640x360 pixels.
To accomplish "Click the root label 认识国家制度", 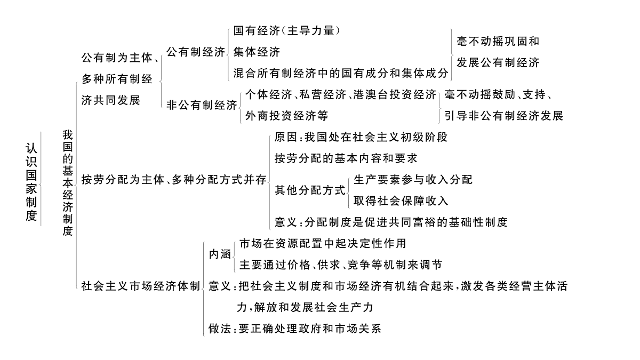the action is click(x=31, y=182).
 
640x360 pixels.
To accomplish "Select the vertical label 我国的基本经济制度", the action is click(x=68, y=183).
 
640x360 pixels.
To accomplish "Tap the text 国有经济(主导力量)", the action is click(x=286, y=31).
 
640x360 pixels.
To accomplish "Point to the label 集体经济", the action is click(x=257, y=52).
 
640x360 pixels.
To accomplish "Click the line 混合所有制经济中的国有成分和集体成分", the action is click(x=341, y=73).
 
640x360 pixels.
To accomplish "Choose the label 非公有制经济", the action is click(x=202, y=105).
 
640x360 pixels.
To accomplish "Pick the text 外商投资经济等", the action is click(x=286, y=116).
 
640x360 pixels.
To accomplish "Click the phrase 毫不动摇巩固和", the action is click(x=498, y=42).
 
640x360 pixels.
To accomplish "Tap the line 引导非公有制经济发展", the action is click(x=503, y=116).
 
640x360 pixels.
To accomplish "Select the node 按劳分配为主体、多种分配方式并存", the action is click(x=174, y=180).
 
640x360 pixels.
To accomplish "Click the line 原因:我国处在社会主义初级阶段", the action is click(x=361, y=137).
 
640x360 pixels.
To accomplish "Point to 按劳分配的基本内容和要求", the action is click(x=346, y=158).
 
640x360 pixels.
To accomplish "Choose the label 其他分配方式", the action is click(x=310, y=190).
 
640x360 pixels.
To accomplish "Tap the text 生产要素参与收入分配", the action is click(x=413, y=180).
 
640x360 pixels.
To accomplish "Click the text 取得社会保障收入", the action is click(x=401, y=201).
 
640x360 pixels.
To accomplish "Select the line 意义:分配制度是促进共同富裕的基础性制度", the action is click(x=391, y=222).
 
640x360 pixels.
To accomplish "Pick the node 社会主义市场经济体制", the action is click(x=141, y=286).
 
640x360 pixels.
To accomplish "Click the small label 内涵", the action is click(x=220, y=254).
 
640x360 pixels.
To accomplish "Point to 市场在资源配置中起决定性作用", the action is click(x=323, y=243).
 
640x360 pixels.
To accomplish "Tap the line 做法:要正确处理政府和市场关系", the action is click(x=295, y=329).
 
